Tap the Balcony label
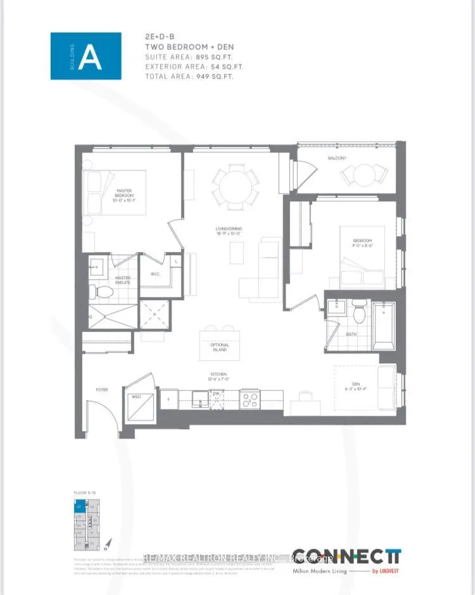point(337,158)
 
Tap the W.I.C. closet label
point(156,274)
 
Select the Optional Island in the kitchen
point(220,346)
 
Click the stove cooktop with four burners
point(249,399)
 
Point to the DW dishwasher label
point(216,393)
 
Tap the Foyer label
point(101,390)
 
